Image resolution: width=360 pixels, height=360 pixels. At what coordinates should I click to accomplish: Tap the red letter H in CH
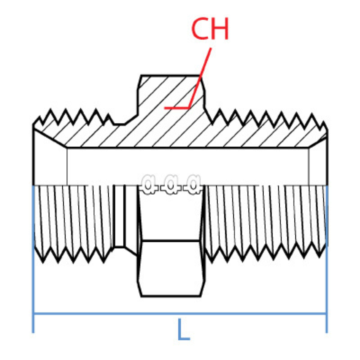pos(220,29)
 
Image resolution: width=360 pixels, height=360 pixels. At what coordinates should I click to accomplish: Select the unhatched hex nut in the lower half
pos(171,267)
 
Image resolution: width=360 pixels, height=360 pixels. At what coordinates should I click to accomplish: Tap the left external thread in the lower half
pos(73,220)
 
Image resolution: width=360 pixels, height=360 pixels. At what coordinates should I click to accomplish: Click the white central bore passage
pos(187,165)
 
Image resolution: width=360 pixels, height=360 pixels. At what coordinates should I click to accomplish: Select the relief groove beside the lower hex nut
pos(119,217)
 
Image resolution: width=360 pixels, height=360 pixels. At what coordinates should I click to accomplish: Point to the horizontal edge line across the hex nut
pos(171,240)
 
